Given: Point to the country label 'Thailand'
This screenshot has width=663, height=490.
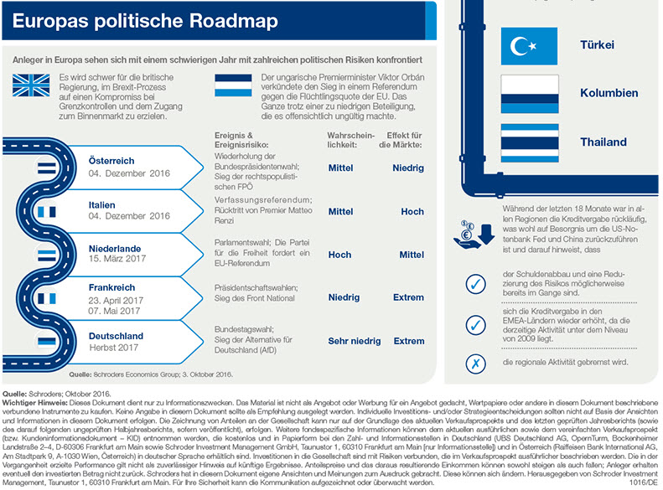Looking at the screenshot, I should (x=603, y=142).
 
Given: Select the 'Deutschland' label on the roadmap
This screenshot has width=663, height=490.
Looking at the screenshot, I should (x=116, y=336).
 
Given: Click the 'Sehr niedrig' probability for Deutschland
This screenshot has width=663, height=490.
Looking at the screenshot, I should (x=354, y=341).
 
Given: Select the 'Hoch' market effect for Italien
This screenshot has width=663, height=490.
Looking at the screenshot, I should (x=412, y=212).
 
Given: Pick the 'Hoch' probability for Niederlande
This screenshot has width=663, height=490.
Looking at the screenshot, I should (x=339, y=255).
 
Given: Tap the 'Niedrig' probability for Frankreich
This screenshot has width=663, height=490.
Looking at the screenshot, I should (x=344, y=297).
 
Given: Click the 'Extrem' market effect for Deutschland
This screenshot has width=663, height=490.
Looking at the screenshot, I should (x=409, y=341).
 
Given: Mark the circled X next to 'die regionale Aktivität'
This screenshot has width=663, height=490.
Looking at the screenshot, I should (x=475, y=363).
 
